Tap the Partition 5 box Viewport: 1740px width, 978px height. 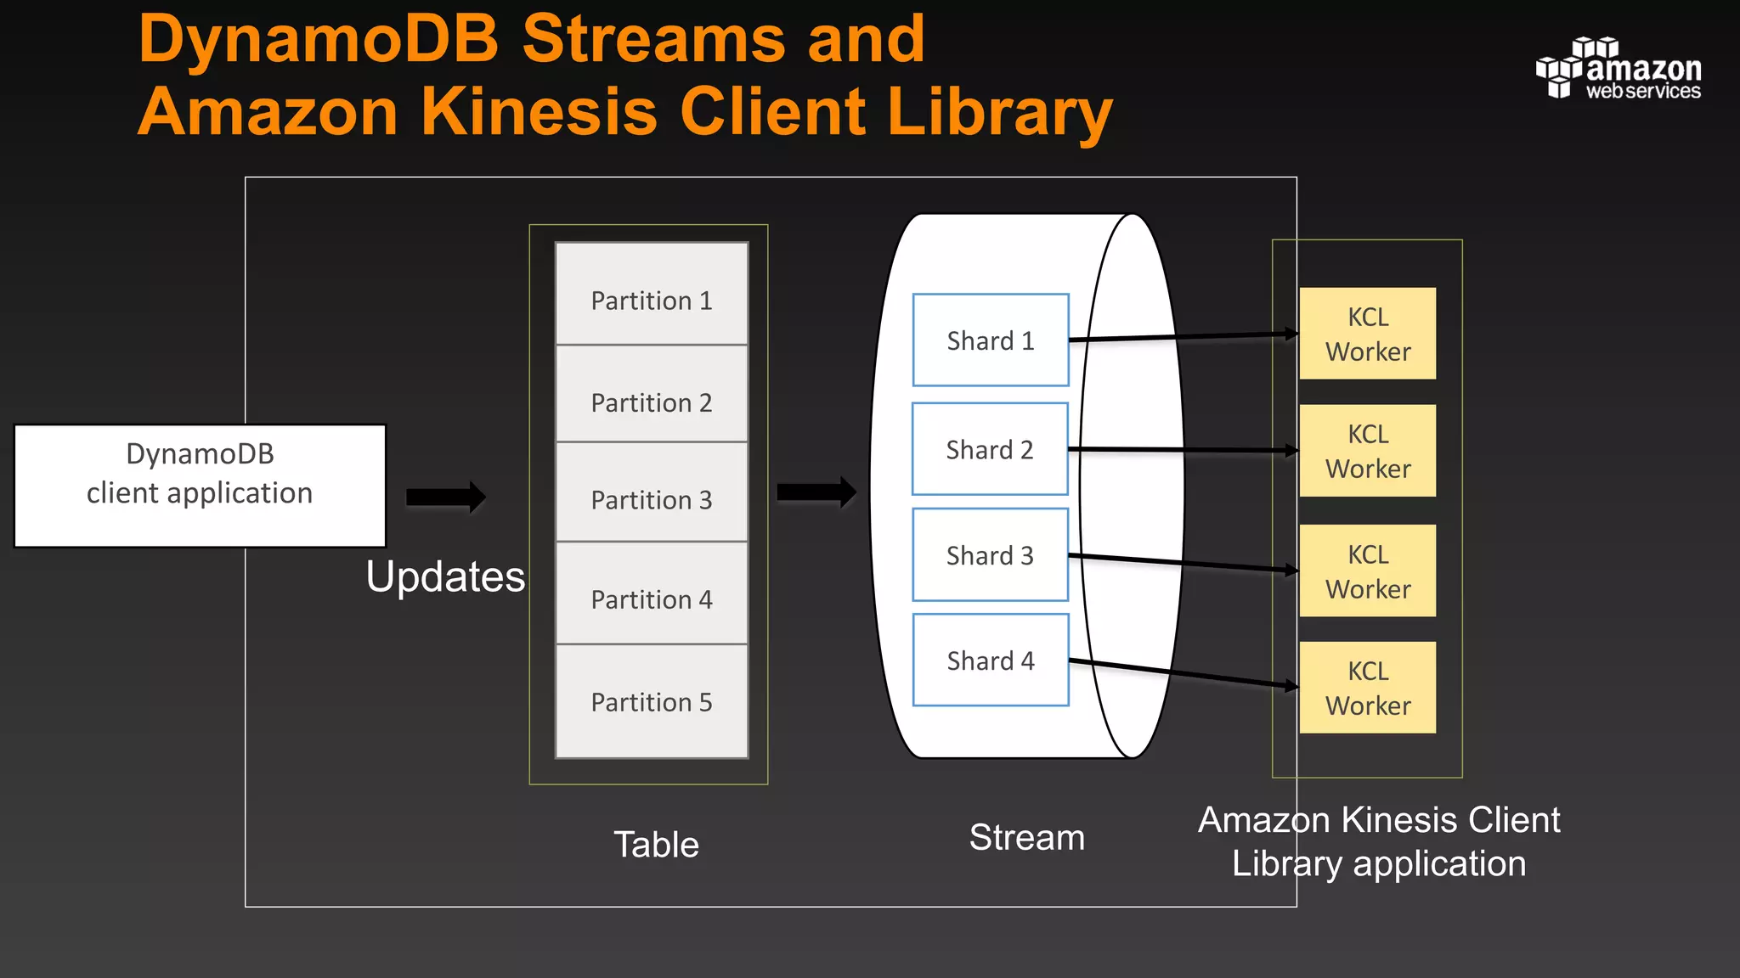tap(652, 701)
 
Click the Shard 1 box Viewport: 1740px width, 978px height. tap(990, 340)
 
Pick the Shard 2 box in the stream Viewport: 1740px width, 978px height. tap(989, 449)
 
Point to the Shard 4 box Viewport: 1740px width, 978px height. tap(990, 660)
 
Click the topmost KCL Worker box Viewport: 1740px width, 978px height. tap(1367, 334)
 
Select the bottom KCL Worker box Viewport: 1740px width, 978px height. tap(1367, 688)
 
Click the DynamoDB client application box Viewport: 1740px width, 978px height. tap(200, 486)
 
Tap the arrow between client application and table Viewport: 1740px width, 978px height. tap(445, 497)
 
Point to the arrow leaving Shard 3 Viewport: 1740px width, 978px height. tap(1181, 564)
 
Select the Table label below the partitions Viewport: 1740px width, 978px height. tap(656, 845)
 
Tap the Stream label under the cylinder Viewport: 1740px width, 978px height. tap(1026, 838)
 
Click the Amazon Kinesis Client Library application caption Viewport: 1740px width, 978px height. tap(1378, 841)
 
